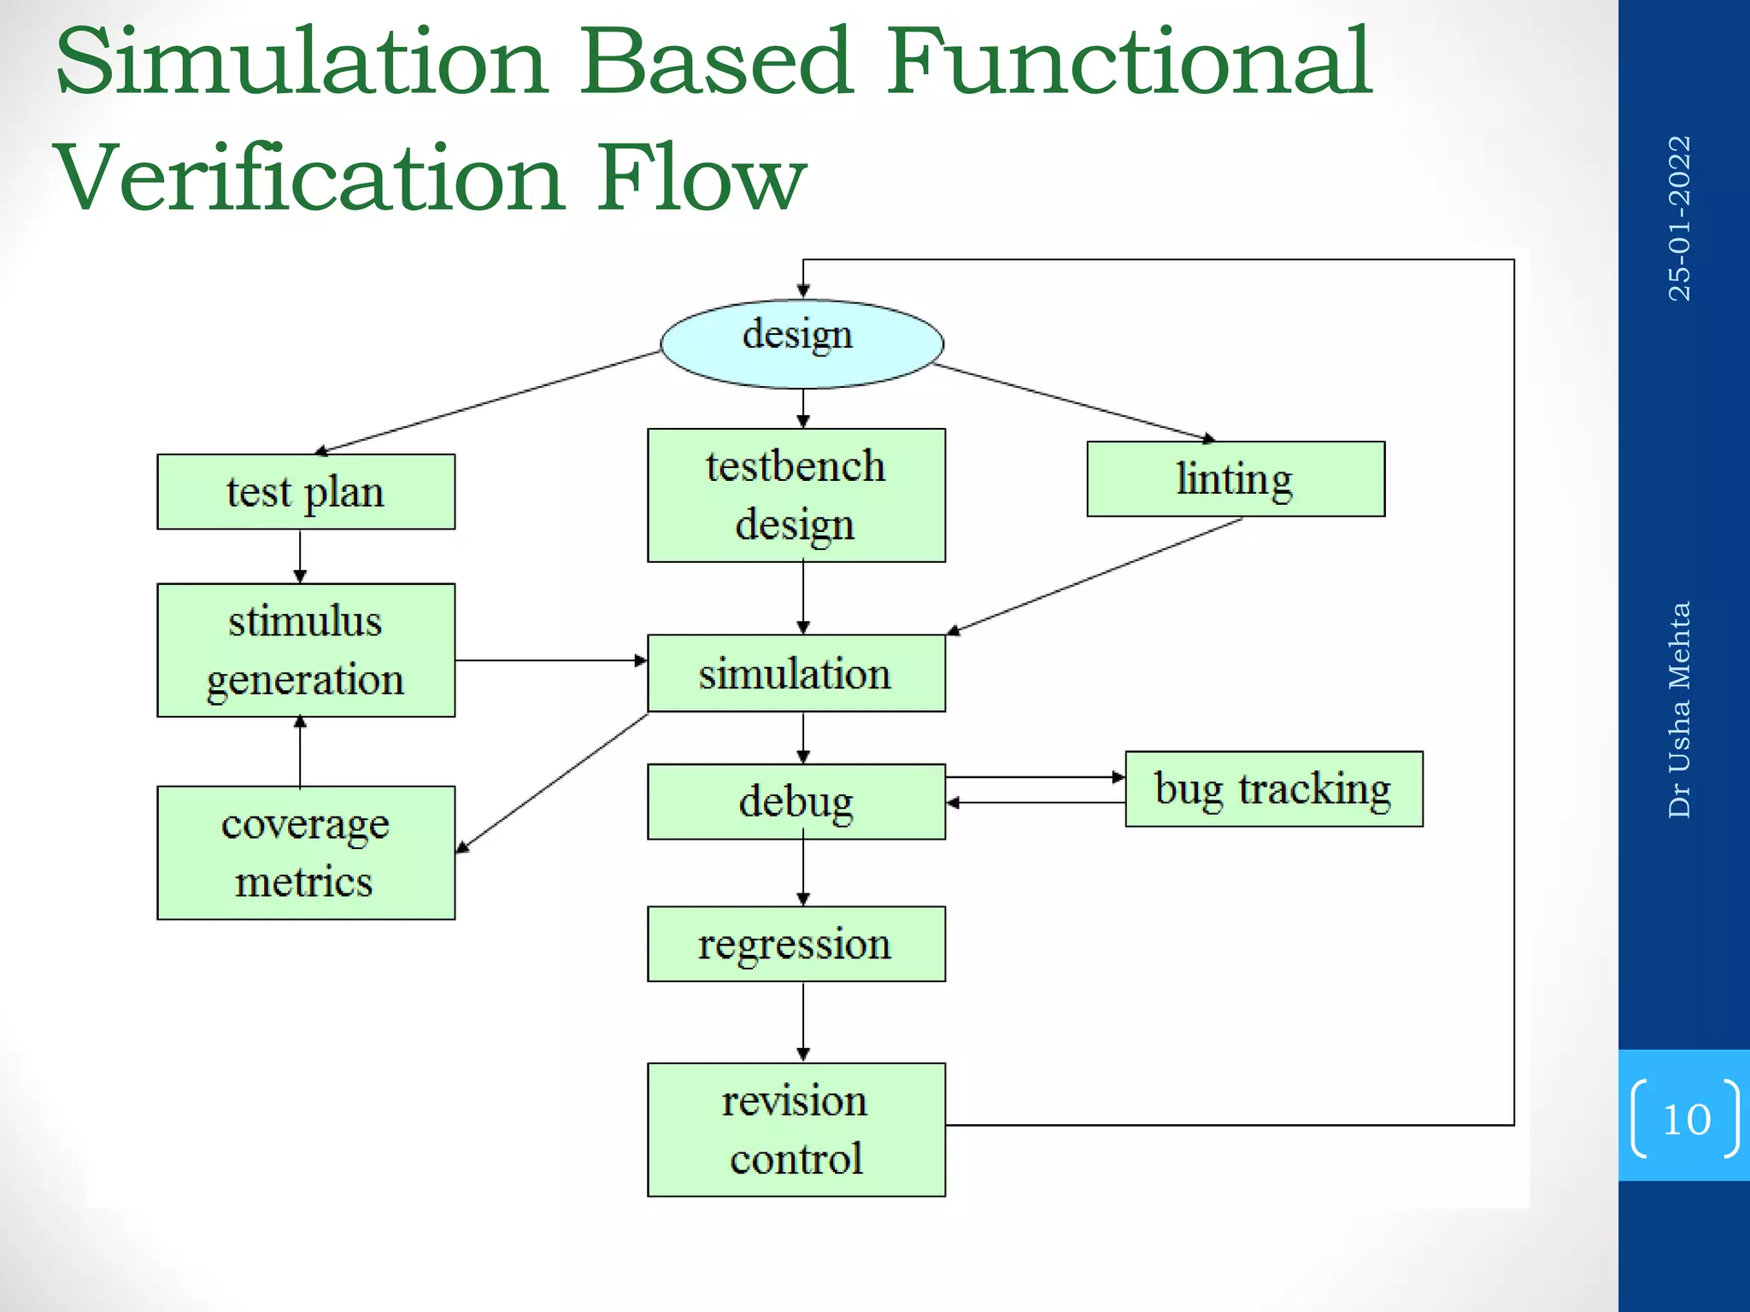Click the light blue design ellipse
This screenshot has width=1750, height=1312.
802,343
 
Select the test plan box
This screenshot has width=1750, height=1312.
306,492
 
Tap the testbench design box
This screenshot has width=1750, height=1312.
796,495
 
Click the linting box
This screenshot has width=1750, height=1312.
1235,479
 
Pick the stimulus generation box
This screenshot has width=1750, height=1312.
306,650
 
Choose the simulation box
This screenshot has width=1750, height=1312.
796,673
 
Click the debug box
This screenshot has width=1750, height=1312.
796,801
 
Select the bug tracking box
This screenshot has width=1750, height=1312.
1273,789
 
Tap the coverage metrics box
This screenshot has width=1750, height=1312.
306,852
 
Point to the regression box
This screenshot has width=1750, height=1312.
796,944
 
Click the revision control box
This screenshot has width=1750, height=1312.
796,1129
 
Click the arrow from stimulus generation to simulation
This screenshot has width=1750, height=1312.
551,660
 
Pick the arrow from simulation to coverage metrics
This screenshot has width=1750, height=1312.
551,783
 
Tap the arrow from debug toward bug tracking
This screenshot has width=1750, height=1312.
1034,777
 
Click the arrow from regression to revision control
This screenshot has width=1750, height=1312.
802,1022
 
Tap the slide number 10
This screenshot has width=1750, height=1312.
1686,1119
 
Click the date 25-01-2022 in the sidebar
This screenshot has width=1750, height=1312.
1680,219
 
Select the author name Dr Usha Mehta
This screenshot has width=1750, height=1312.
1680,710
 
